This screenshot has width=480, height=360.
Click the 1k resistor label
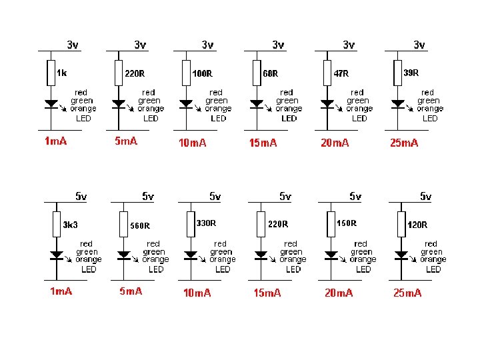point(61,73)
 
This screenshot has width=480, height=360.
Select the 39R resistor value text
point(412,72)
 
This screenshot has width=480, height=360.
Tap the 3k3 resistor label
point(70,225)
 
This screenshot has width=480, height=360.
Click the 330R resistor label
point(206,222)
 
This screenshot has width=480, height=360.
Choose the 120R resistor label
point(417,225)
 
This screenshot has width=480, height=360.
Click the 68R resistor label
point(271,73)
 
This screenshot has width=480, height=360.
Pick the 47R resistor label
point(341,73)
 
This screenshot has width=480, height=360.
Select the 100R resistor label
point(202,73)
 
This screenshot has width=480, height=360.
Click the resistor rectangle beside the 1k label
point(51,73)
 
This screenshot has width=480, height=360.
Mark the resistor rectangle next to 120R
point(401,224)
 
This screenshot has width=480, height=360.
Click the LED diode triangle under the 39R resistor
point(398,104)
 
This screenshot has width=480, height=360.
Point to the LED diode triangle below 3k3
point(57,255)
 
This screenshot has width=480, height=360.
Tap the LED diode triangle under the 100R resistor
point(186,104)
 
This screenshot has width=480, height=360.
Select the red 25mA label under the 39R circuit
point(404,143)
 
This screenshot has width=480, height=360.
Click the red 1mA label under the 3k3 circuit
point(61,291)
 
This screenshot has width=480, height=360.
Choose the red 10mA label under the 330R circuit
point(197,293)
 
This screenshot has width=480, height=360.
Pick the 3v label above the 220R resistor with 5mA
point(140,45)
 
